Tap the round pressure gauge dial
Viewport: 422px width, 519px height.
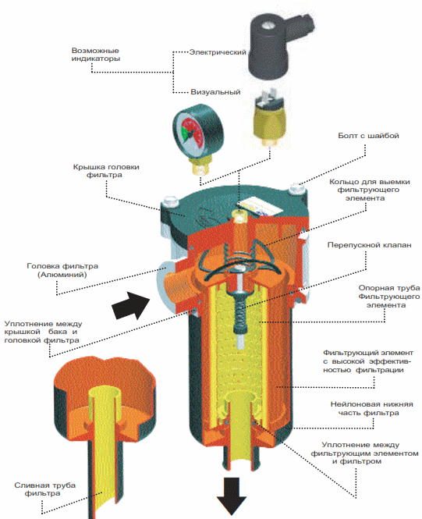pyautogui.click(x=198, y=130)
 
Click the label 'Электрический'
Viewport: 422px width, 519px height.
pyautogui.click(x=218, y=52)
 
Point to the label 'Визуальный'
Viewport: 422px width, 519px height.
pyautogui.click(x=215, y=91)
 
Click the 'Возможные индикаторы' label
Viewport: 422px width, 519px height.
pyautogui.click(x=96, y=55)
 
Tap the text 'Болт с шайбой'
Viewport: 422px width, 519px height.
pyautogui.click(x=368, y=135)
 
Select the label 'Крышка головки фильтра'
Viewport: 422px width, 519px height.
pyautogui.click(x=106, y=171)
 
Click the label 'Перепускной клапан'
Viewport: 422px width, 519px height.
pyautogui.click(x=369, y=245)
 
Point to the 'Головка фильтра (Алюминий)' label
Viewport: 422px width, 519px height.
pyautogui.click(x=62, y=270)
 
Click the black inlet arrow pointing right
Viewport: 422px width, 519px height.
pyautogui.click(x=130, y=305)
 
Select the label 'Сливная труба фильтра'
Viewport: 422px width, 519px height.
pyautogui.click(x=45, y=489)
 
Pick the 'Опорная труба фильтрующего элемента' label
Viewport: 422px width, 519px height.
pyautogui.click(x=389, y=297)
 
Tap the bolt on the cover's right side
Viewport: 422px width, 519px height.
pyautogui.click(x=296, y=190)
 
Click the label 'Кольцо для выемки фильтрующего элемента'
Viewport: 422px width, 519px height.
pyautogui.click(x=370, y=190)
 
